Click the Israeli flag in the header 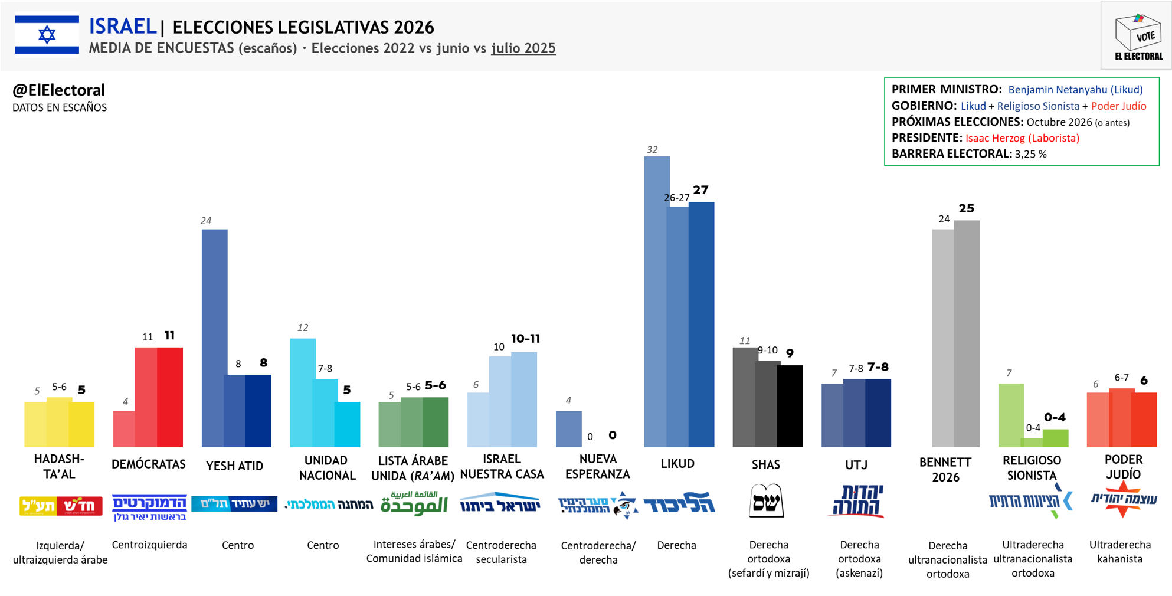point(47,35)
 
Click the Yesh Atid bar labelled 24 point(214,338)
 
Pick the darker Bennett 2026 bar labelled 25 point(967,333)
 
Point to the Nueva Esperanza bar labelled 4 point(568,429)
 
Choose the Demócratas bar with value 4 point(124,429)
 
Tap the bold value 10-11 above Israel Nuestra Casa point(525,339)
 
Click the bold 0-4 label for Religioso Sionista point(1055,418)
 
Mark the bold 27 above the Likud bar point(700,190)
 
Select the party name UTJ point(856,465)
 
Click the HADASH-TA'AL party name point(59,466)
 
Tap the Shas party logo point(766,501)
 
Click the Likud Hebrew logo point(679,504)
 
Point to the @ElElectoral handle point(58,90)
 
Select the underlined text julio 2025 point(523,48)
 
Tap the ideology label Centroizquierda point(149,545)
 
